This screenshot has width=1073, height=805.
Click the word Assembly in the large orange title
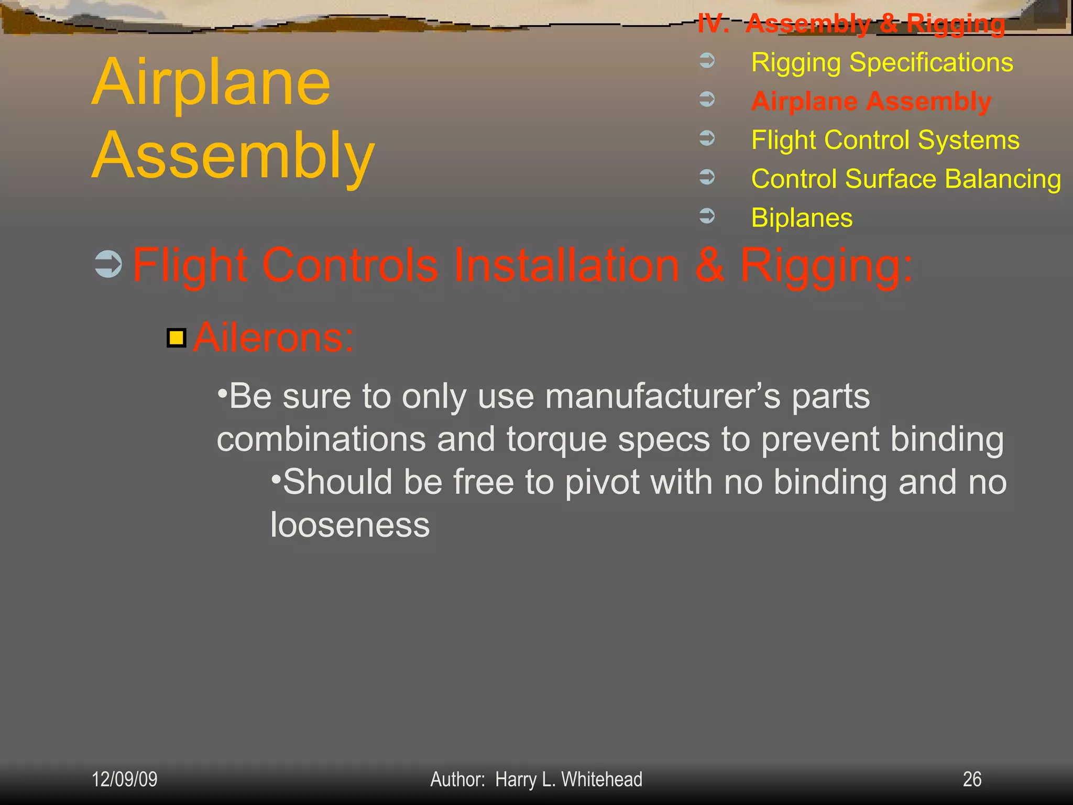pos(233,156)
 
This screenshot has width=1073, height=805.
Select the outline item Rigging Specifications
pos(882,63)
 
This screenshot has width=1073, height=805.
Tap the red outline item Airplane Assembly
pos(871,101)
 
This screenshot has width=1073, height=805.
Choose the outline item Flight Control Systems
pos(885,140)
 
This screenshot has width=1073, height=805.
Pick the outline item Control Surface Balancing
pos(906,179)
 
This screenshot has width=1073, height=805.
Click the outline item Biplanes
pos(802,218)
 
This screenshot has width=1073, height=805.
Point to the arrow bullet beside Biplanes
pos(707,215)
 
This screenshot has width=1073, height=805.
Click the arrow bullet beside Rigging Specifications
pos(707,60)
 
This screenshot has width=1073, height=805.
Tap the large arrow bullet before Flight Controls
pos(108,264)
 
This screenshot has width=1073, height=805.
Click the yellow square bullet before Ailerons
pos(177,338)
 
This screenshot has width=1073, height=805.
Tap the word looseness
pos(350,525)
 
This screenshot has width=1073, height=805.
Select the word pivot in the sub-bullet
pos(602,482)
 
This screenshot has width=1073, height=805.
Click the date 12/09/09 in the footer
pos(125,779)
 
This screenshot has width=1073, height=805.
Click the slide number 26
pos(972,779)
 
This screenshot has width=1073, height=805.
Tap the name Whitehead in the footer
pos(601,779)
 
